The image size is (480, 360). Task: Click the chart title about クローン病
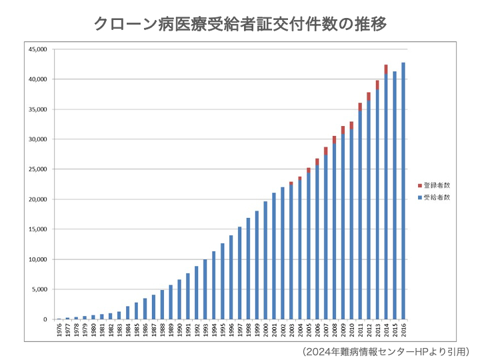tap(240, 25)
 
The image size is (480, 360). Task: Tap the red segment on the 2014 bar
tap(386, 69)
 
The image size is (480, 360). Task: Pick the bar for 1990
tap(179, 299)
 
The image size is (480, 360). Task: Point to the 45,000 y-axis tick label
tap(37, 49)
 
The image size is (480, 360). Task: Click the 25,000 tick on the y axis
tap(37, 169)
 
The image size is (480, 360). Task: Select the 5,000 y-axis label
tap(38, 289)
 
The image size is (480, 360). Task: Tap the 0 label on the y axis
tap(45, 319)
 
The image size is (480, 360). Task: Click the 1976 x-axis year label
tap(59, 331)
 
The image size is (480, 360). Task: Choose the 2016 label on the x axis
tap(403, 331)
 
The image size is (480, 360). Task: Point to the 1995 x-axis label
tap(223, 331)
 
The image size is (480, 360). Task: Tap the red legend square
tap(420, 185)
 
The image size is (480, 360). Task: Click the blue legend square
tap(420, 198)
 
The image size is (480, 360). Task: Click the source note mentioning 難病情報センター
tap(386, 351)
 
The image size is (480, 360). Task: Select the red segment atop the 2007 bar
tap(326, 151)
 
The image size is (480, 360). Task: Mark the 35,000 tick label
tap(37, 109)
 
